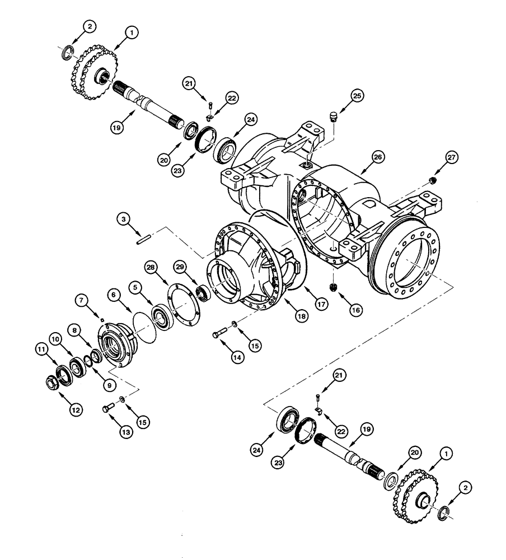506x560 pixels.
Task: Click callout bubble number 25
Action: (x=356, y=96)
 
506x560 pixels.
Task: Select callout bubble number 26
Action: (x=378, y=158)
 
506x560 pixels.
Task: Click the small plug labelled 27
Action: (x=432, y=180)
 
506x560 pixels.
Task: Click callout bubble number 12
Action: (x=76, y=410)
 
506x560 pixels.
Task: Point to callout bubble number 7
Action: (x=83, y=301)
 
